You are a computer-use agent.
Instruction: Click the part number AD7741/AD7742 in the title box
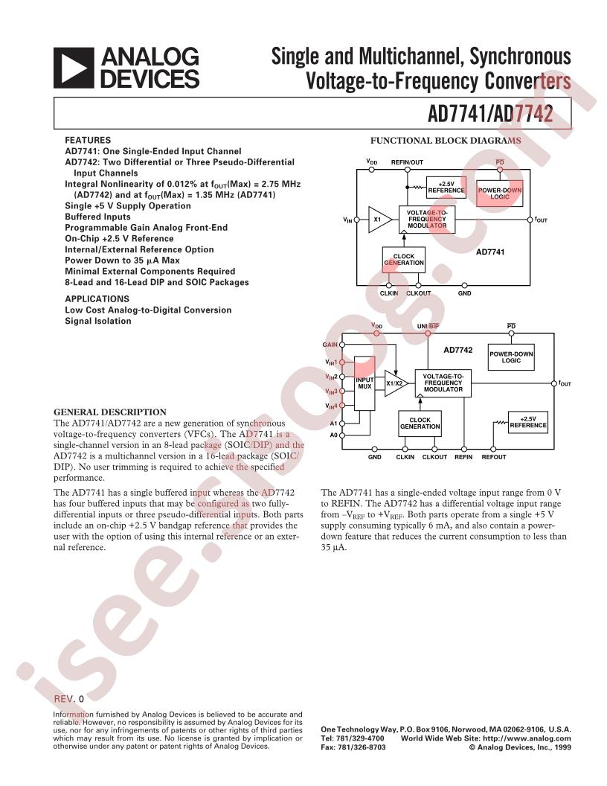pos(490,115)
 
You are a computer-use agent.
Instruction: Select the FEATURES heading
pos(88,140)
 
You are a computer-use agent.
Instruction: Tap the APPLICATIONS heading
pos(97,298)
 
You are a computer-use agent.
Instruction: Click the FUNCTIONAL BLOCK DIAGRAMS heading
pos(446,141)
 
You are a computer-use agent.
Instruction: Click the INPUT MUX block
pos(364,383)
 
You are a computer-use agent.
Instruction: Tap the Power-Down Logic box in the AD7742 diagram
pos(511,357)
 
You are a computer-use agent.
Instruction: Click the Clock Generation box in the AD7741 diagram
pos(404,259)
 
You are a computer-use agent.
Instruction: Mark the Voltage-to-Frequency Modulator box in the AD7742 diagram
pos(443,383)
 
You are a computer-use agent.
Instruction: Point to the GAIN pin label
pos(330,345)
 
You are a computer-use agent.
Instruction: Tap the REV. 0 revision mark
pos(70,699)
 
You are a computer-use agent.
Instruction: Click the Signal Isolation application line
pos(97,321)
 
